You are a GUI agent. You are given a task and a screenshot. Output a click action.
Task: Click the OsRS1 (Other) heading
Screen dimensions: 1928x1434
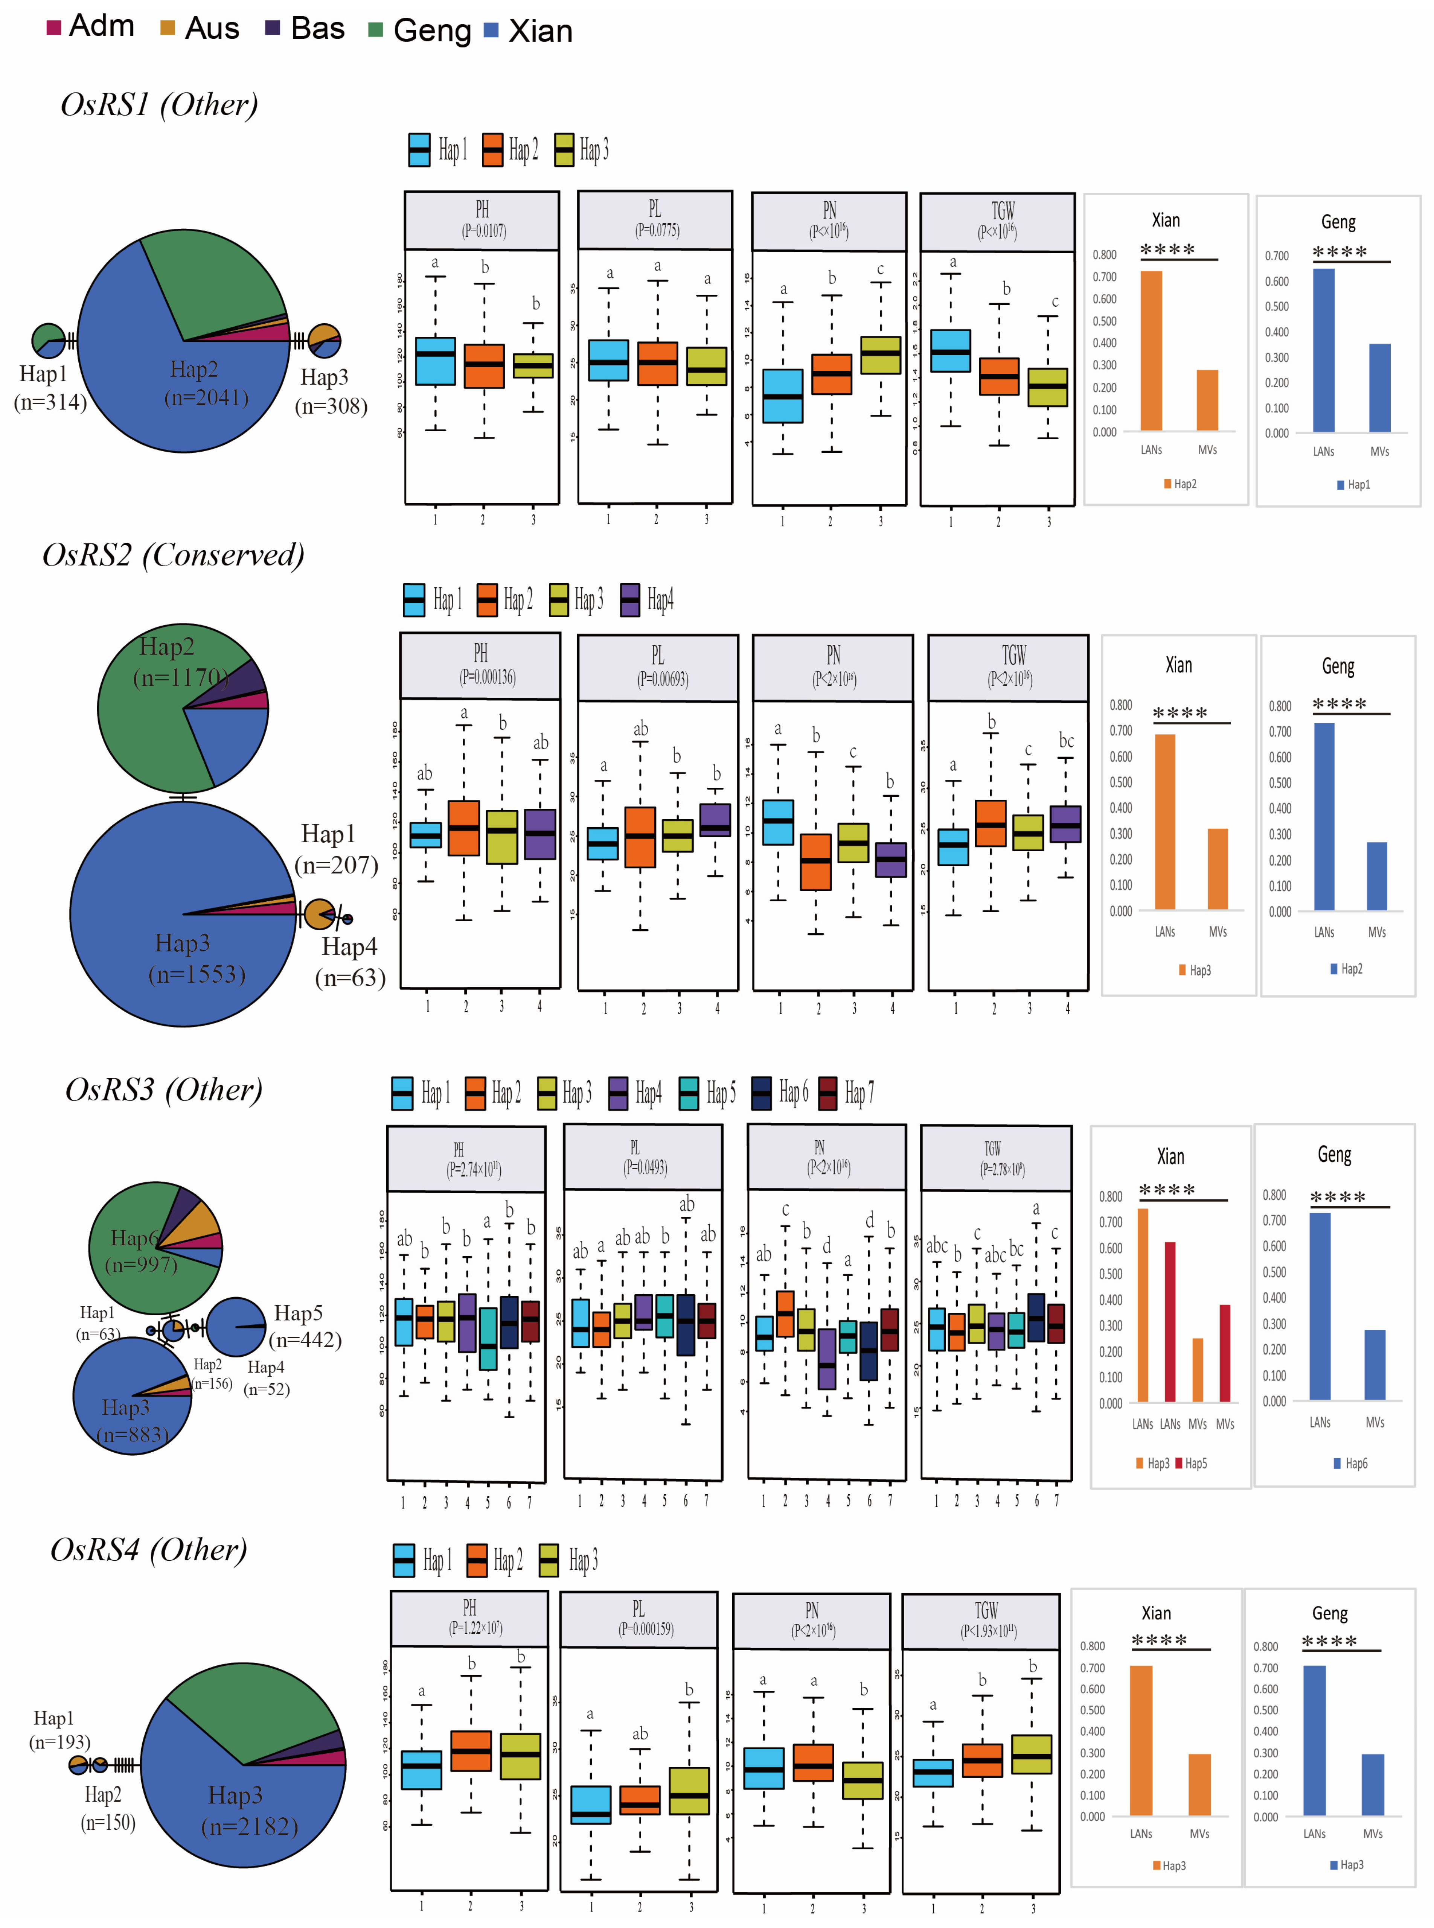(x=159, y=105)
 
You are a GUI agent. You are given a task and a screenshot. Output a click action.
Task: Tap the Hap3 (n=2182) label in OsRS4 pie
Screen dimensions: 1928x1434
(x=249, y=1810)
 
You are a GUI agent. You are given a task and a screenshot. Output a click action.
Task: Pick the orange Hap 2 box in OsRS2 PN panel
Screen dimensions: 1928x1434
(x=815, y=861)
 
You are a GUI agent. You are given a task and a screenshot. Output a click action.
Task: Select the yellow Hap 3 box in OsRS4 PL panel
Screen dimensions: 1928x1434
(x=689, y=1790)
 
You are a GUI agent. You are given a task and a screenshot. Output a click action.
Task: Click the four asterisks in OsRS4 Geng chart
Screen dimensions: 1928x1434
(x=1329, y=1642)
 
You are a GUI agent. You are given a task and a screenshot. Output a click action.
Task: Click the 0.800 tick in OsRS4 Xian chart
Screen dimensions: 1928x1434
(x=1092, y=1646)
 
